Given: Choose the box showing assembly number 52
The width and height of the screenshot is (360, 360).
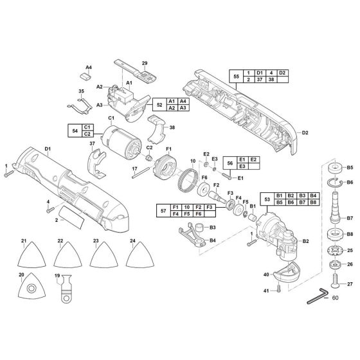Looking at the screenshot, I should (x=157, y=105).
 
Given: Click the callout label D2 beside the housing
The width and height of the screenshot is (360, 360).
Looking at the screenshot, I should (x=305, y=133).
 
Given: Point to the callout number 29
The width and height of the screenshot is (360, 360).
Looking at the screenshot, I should (x=144, y=62).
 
